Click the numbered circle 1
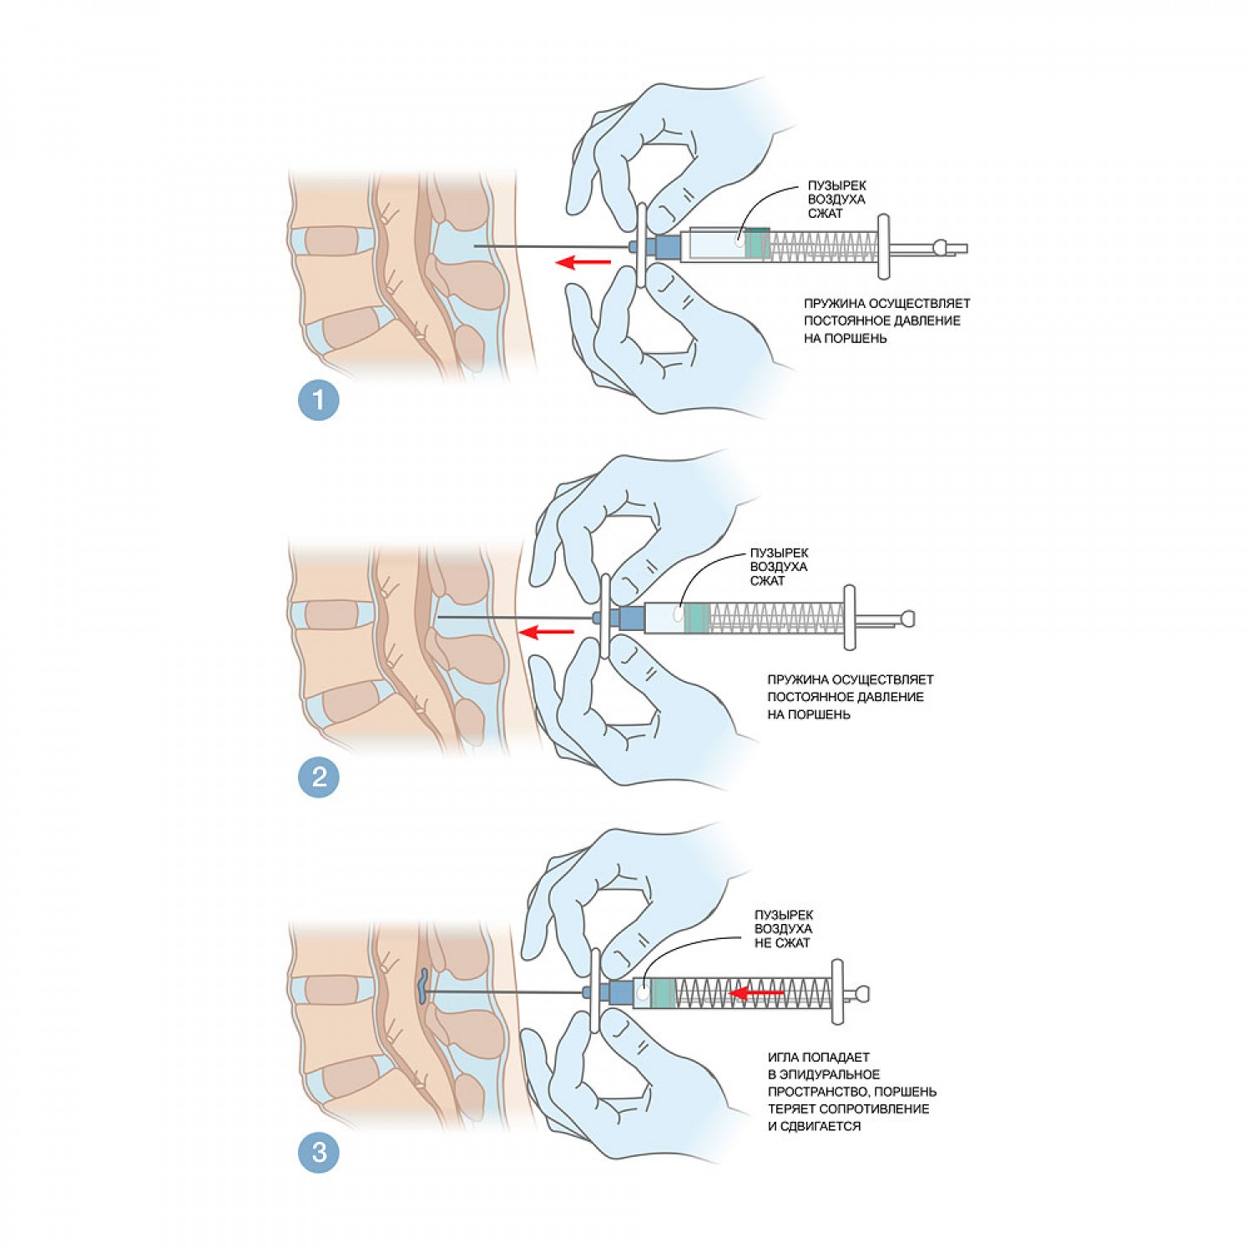[x=318, y=400]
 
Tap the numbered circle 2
[x=318, y=777]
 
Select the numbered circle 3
[x=318, y=1153]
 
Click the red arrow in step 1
[x=583, y=263]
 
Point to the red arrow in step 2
[x=547, y=632]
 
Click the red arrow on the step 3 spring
[x=757, y=993]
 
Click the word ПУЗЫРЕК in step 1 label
[x=836, y=185]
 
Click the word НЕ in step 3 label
[x=763, y=943]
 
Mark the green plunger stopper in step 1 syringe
[x=757, y=245]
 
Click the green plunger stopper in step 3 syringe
[x=663, y=993]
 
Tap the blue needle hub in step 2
[x=632, y=618]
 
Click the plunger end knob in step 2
[x=907, y=618]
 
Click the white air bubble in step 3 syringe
[x=643, y=994]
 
